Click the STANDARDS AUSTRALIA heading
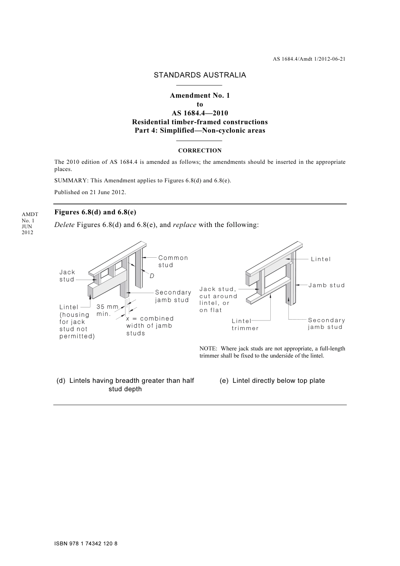[200, 75]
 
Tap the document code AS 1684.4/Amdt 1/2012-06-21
[309, 59]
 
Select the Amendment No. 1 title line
[200, 96]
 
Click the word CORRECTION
[200, 150]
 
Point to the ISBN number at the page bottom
[86, 544]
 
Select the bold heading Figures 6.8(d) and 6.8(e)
[95, 212]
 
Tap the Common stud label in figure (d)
[173, 261]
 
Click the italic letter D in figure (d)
[152, 275]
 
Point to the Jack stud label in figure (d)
[67, 276]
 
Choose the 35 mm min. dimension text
[107, 310]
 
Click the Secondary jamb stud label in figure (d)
[173, 296]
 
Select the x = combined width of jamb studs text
[149, 326]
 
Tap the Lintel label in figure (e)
[321, 259]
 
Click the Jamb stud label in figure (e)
[326, 285]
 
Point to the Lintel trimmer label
[245, 324]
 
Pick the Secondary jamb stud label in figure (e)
[326, 323]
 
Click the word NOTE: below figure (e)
[208, 348]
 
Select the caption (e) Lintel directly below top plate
[272, 381]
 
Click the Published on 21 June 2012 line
[90, 192]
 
